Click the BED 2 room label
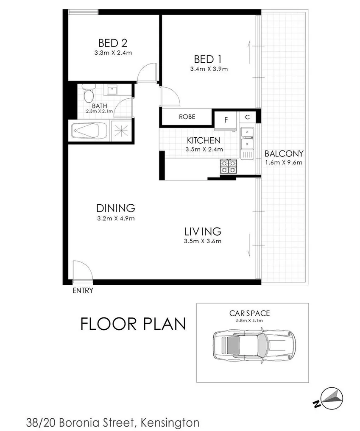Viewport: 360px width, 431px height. pyautogui.click(x=113, y=43)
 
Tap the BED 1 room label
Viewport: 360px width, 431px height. pyautogui.click(x=208, y=59)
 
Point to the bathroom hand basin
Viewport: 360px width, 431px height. pyautogui.click(x=112, y=90)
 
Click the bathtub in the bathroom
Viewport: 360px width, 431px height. pyautogui.click(x=89, y=131)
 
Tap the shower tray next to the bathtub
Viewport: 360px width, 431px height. pyautogui.click(x=121, y=131)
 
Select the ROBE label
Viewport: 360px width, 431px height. pyautogui.click(x=187, y=117)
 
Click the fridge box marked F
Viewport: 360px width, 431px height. pyautogui.click(x=226, y=120)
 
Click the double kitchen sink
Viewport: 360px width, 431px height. pyautogui.click(x=246, y=139)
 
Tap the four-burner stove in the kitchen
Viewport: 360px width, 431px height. pyautogui.click(x=228, y=167)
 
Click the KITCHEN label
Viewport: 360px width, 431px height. pyautogui.click(x=204, y=140)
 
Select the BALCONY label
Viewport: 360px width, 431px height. pyautogui.click(x=284, y=154)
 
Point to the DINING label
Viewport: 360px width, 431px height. pyautogui.click(x=115, y=208)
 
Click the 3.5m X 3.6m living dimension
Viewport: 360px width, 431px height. pyautogui.click(x=203, y=242)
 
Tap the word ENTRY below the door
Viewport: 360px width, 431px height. pyautogui.click(x=83, y=291)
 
